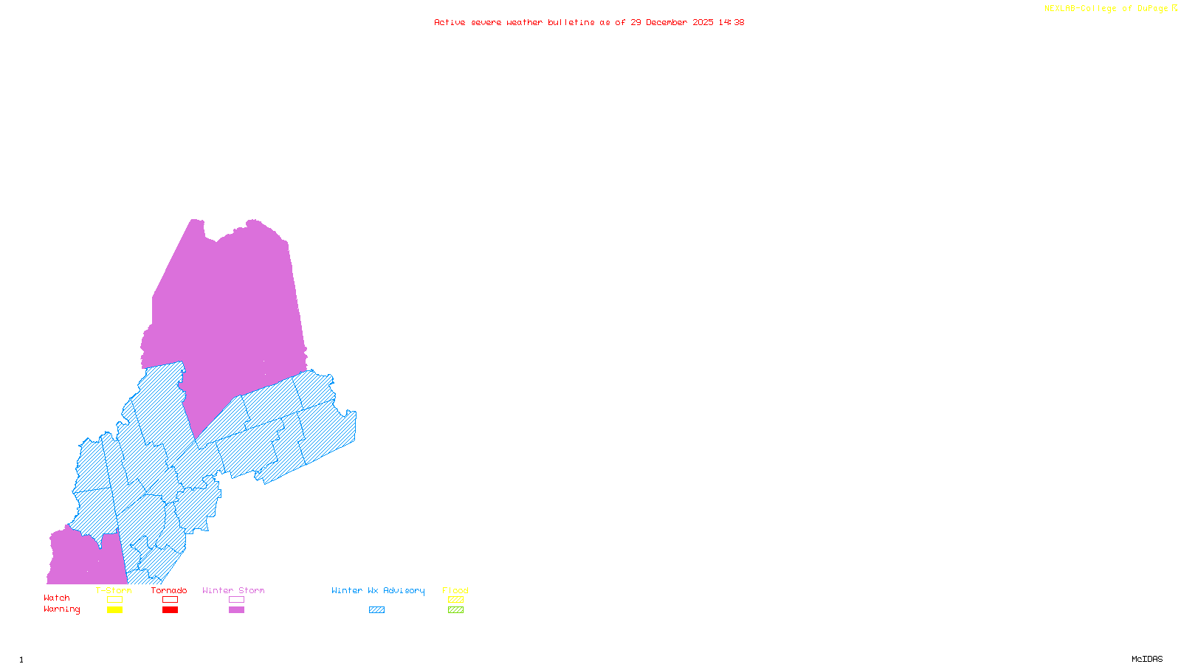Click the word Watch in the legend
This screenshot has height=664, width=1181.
point(57,598)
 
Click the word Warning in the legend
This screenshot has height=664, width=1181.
point(62,609)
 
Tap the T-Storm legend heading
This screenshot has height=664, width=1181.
point(114,590)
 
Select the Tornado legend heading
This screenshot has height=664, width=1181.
point(169,590)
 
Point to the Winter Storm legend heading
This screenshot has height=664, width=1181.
point(233,590)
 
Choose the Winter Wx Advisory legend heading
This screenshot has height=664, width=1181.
point(378,590)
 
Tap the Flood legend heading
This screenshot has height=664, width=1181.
point(455,590)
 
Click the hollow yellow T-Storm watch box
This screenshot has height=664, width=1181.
point(114,600)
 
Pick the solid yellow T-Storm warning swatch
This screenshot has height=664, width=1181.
point(114,610)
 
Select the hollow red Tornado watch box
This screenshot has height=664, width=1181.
point(170,600)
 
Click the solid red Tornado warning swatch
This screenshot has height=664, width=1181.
point(170,610)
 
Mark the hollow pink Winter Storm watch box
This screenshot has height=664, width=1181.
point(236,600)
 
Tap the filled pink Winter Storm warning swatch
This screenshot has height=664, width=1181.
point(236,610)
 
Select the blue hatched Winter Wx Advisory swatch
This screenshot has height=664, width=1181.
point(376,610)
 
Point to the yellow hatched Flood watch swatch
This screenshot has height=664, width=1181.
point(455,600)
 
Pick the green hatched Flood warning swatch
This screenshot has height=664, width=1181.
point(455,610)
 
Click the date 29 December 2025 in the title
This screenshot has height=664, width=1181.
point(672,22)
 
